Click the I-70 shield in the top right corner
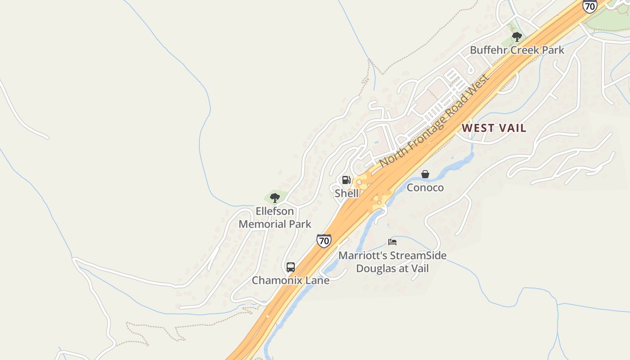pos(589,6)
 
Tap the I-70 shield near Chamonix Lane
pos(324,240)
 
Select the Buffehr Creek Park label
pos(517,50)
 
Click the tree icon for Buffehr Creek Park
pos(517,36)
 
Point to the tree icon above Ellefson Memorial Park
pos(274,198)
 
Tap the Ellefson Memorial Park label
pos(274,217)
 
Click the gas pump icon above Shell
pos(346,180)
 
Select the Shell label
pos(346,193)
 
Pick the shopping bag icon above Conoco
pos(425,174)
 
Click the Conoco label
pos(425,188)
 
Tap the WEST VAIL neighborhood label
pos(494,128)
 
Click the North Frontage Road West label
pos(434,121)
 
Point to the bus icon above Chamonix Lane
pos(291,267)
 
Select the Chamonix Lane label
pos(290,280)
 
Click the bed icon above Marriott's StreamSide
pos(392,242)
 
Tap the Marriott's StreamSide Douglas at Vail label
pos(392,262)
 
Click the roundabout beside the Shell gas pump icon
pos(359,182)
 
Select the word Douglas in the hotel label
pos(376,269)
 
